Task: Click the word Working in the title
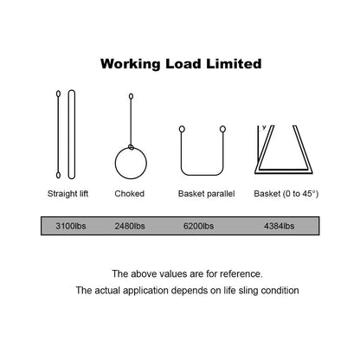click(x=130, y=64)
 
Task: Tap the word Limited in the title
click(x=234, y=63)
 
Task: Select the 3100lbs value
click(x=71, y=226)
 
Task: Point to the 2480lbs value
click(x=130, y=226)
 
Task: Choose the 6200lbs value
click(x=198, y=226)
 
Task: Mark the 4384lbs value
click(x=279, y=226)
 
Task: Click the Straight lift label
click(x=67, y=194)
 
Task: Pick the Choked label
click(x=130, y=194)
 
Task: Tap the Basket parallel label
click(x=207, y=194)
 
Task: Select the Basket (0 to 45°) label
click(x=286, y=194)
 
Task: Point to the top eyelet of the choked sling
click(x=131, y=96)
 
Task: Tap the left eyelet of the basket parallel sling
click(x=182, y=129)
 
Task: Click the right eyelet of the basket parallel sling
click(x=222, y=129)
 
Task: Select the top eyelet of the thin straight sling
click(x=58, y=93)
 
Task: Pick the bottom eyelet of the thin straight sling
click(x=58, y=175)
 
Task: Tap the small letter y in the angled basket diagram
click(x=264, y=127)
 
